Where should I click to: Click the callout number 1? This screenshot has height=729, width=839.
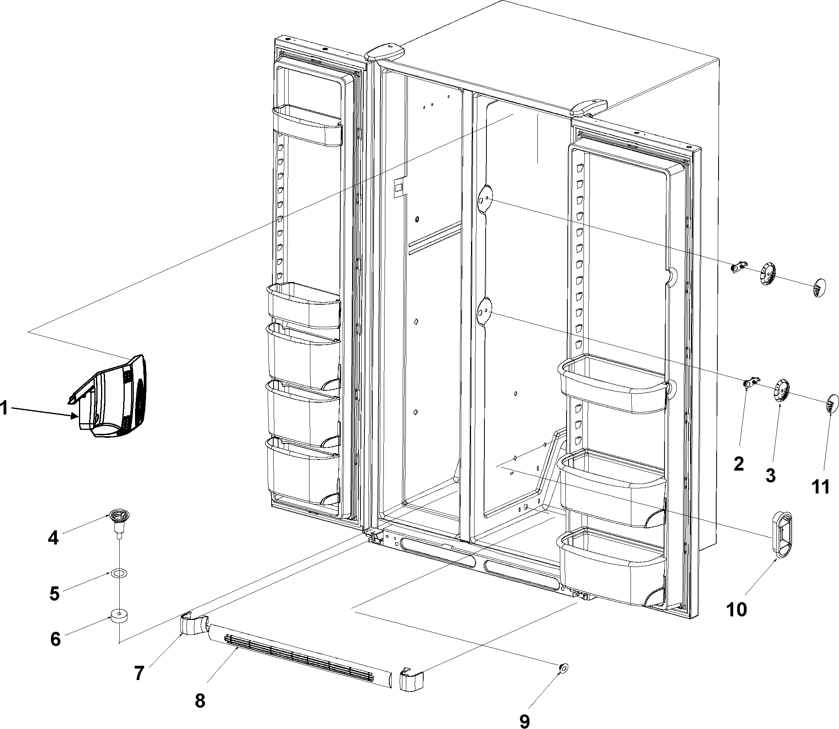coord(4,408)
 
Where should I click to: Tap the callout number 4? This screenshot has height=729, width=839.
coord(53,538)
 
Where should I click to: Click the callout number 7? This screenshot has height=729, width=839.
coord(139,674)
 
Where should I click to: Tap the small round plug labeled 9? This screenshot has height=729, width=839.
coord(563,668)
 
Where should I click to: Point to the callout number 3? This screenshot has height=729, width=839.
coord(770,475)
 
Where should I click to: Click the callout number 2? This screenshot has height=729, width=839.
coord(739,464)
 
